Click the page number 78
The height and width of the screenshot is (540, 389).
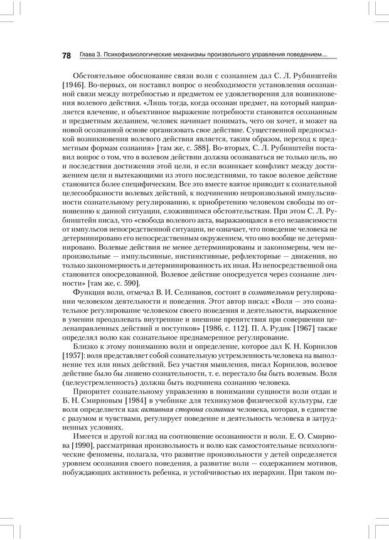[x=66, y=56]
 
